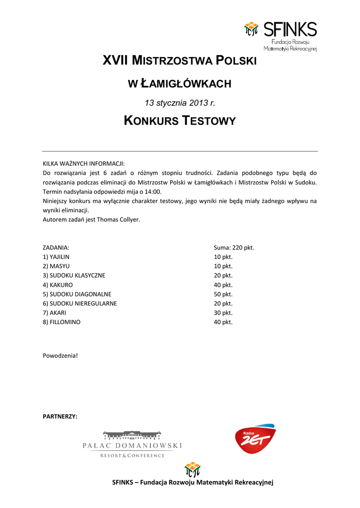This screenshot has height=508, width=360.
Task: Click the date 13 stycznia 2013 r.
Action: tap(179, 103)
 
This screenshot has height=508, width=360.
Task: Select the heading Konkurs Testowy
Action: tap(179, 121)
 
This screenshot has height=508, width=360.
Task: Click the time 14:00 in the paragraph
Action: tap(153, 191)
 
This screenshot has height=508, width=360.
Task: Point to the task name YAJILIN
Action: tap(60, 257)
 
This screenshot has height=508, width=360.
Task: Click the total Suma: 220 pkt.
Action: tap(233, 248)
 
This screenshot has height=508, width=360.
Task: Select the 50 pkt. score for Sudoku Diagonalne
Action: tap(223, 294)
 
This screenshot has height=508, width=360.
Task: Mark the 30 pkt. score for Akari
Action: tap(223, 313)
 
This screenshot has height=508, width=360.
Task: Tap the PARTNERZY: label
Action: tap(60, 416)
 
